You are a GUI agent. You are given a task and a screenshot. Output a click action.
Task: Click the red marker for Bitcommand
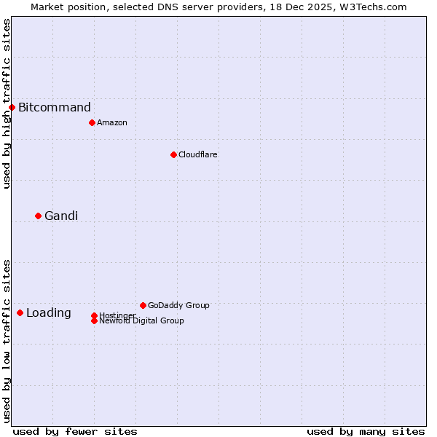[x=12, y=108]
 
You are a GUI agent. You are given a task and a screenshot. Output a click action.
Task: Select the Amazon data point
[x=92, y=122]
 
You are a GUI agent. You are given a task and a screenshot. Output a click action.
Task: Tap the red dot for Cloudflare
[x=173, y=154]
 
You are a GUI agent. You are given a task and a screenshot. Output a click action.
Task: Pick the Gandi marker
[x=38, y=216]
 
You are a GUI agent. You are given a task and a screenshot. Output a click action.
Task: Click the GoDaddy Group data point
[x=143, y=305]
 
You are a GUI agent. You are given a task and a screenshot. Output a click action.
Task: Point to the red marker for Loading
[x=20, y=312]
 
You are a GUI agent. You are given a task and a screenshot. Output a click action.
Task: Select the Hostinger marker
[x=94, y=315]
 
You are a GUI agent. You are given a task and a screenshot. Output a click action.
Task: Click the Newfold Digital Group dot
[x=94, y=320]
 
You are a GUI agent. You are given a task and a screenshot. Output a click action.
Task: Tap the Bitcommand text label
[x=55, y=108]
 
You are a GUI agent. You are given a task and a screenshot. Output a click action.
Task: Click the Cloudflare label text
[x=198, y=154]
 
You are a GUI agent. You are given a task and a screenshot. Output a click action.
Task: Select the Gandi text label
[x=61, y=216]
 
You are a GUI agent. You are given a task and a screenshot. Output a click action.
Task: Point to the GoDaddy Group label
[x=178, y=305]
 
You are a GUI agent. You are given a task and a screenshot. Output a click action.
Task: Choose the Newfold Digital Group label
[x=141, y=320]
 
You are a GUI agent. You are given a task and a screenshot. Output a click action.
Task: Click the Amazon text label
[x=112, y=122]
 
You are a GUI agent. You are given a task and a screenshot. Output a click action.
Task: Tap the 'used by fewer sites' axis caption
[x=75, y=431]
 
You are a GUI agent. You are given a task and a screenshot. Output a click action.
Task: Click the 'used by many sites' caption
[x=366, y=431]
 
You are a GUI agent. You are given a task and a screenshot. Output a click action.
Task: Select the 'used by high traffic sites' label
[x=7, y=103]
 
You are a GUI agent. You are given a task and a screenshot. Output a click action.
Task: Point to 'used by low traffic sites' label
[x=7, y=341]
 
